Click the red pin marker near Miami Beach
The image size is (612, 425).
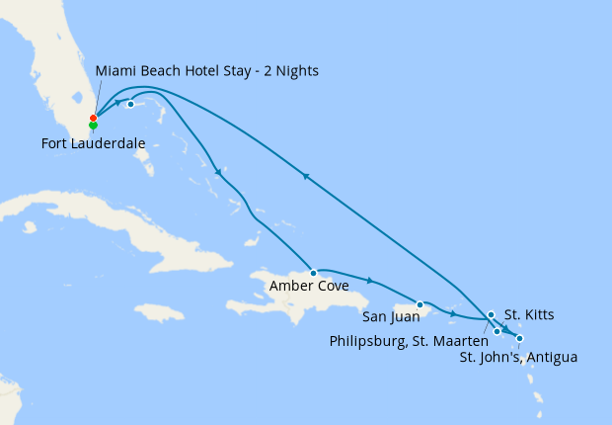tap(93, 119)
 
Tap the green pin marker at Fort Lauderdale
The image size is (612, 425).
tap(93, 126)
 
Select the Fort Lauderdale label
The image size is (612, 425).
tap(94, 143)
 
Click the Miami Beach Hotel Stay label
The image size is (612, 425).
tap(207, 71)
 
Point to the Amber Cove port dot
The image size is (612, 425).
tap(313, 272)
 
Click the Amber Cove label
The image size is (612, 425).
tap(308, 288)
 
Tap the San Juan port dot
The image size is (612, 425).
tap(421, 304)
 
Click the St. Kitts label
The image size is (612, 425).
tap(529, 315)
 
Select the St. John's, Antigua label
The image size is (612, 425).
tap(518, 357)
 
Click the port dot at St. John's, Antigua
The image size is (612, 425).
tap(519, 339)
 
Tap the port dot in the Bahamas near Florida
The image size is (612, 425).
tap(130, 104)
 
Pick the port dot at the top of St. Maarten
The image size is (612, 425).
tap(491, 315)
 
